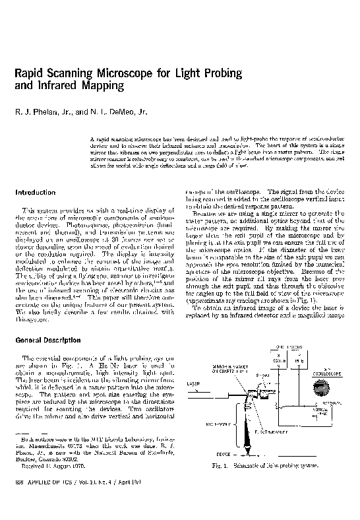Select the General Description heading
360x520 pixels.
pyautogui.click(x=49, y=340)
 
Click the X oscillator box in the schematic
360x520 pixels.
pyautogui.click(x=278, y=359)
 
